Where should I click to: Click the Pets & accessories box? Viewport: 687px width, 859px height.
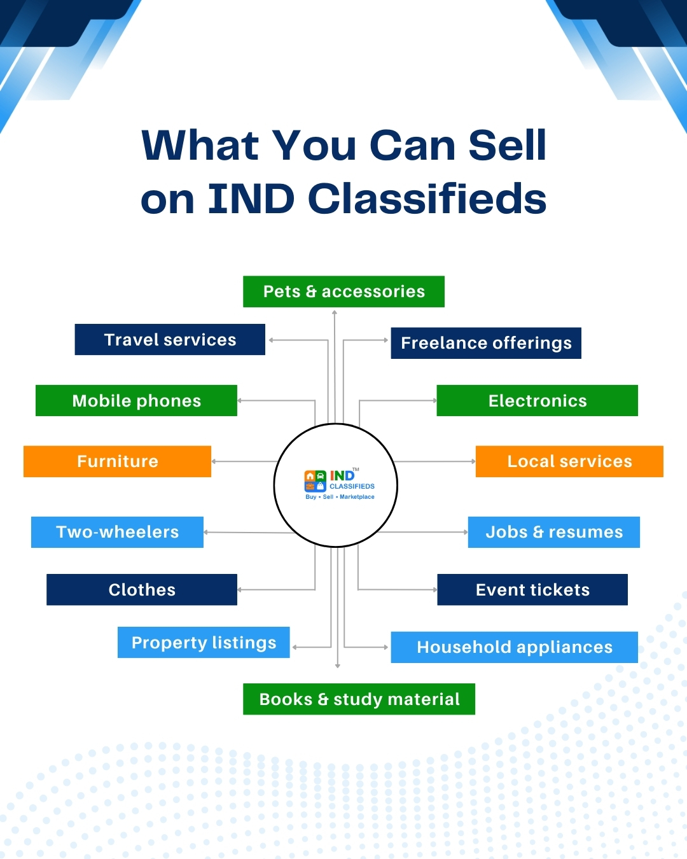(x=343, y=291)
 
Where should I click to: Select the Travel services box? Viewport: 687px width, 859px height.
(x=170, y=339)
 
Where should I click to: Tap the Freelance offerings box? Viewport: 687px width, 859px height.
(x=486, y=343)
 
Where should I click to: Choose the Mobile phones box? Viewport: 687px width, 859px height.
(x=136, y=400)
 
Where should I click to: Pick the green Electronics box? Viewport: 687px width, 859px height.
(x=538, y=400)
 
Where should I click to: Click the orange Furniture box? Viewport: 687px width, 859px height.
(x=117, y=461)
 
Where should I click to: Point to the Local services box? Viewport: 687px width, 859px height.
(x=570, y=461)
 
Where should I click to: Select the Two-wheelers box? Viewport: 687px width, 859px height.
(x=117, y=532)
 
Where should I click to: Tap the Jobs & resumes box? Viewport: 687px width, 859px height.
(x=554, y=532)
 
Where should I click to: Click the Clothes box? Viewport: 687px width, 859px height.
(x=142, y=590)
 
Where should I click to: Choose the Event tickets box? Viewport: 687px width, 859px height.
(x=532, y=590)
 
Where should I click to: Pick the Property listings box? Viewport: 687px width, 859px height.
(x=204, y=642)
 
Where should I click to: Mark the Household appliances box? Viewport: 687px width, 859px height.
(x=514, y=647)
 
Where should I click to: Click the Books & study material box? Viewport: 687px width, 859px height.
(x=359, y=699)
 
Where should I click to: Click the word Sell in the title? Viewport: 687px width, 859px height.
(x=507, y=145)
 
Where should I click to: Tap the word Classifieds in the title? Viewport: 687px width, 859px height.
(x=427, y=198)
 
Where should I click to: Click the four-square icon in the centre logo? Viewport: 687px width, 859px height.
(x=316, y=481)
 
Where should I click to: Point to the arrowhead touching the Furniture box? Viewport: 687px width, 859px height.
(x=214, y=461)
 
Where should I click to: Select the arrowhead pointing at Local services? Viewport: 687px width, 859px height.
(x=473, y=461)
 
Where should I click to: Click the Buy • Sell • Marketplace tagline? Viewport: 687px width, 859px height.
(x=340, y=496)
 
